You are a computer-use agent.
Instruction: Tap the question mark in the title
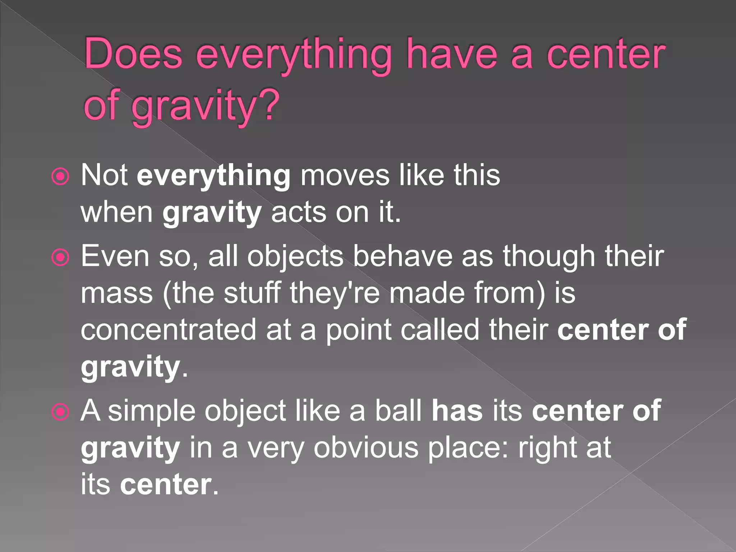pos(268,104)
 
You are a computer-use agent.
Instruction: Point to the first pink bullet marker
pos(60,176)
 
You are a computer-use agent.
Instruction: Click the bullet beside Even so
pos(60,257)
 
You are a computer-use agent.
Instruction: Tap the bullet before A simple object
pos(60,412)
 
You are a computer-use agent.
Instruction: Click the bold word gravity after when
pos(212,213)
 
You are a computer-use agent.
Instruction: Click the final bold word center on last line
pos(166,485)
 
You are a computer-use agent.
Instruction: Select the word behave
pos(403,257)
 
